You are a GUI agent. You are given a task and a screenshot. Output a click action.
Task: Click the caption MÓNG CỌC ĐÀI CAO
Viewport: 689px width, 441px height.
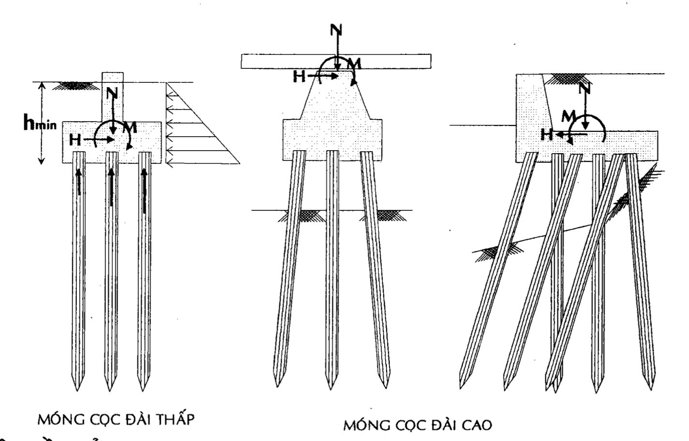[418, 425]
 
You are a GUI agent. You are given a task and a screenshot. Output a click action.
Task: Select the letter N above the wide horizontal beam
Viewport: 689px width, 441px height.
[336, 30]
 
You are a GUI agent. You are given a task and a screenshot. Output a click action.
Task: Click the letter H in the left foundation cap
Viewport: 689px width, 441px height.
[75, 140]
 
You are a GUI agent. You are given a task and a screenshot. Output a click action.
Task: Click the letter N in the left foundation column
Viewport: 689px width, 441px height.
[112, 92]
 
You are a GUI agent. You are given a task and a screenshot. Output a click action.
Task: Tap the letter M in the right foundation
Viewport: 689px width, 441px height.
[569, 116]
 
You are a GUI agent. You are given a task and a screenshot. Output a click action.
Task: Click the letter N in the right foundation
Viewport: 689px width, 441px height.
[585, 88]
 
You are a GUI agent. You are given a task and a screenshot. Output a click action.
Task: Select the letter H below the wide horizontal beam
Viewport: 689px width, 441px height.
[300, 76]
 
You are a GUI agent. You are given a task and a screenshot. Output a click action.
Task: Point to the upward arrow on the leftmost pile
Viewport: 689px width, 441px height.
[79, 182]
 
